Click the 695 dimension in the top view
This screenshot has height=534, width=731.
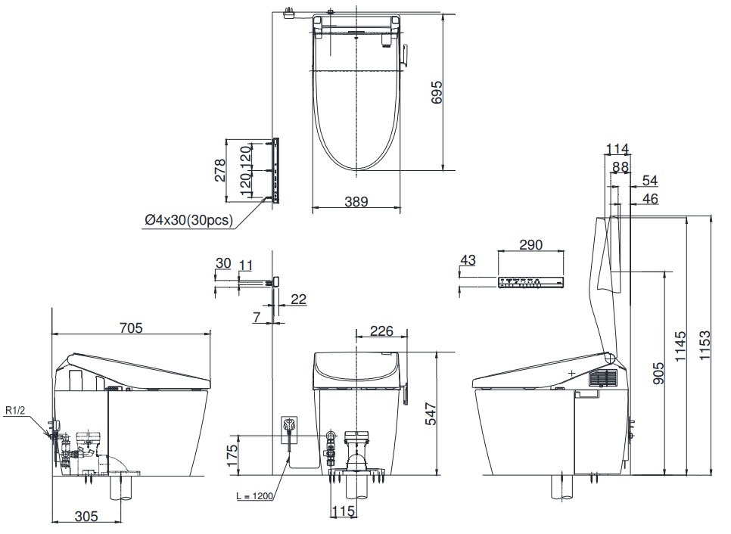437,92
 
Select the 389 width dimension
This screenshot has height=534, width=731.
356,202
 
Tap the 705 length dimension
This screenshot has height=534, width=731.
131,328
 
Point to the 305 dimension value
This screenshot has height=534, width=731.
86,516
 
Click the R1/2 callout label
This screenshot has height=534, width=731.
15,411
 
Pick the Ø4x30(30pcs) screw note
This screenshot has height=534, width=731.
188,219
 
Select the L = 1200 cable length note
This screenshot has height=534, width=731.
254,496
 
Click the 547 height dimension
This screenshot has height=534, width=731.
431,414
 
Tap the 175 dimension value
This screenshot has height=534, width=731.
232,456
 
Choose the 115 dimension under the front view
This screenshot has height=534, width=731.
343,511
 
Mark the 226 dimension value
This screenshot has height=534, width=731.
381,331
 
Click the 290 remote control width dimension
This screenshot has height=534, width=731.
530,244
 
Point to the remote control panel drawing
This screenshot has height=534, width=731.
531,282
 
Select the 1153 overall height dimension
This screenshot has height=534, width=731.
705,345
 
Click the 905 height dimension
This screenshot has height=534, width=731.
659,373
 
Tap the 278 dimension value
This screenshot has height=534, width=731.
219,170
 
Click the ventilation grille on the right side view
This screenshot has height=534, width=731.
603,377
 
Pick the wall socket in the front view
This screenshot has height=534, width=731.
289,425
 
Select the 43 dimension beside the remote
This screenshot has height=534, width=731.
468,260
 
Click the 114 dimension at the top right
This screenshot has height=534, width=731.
617,149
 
